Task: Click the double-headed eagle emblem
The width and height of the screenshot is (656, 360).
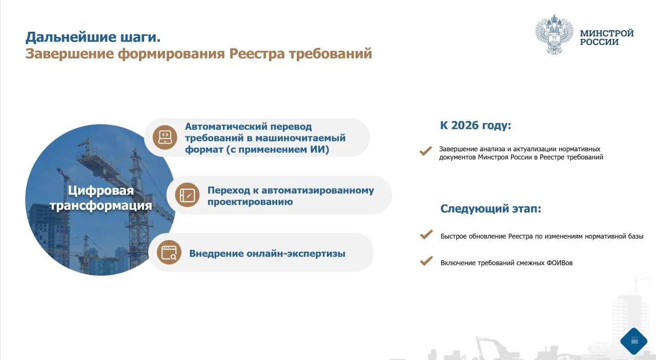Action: coord(555,34)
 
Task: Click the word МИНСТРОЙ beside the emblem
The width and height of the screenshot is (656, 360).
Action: coord(607,33)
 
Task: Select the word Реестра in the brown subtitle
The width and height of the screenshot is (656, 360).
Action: coord(257,54)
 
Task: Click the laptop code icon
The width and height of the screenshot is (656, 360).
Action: coord(165,137)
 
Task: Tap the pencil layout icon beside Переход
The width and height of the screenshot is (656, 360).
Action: coord(188,195)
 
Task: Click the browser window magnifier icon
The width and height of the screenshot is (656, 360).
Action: coord(169,252)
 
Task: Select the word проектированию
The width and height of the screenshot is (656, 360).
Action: coord(250,202)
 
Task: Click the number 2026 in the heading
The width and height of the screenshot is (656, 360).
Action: coord(465,125)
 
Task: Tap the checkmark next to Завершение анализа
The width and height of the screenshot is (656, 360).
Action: coord(425,151)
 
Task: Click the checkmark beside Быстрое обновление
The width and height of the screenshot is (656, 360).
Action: coord(426,234)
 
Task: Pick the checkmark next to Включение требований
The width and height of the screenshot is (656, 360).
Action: coord(426,261)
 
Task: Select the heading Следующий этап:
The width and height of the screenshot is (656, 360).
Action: coord(491,209)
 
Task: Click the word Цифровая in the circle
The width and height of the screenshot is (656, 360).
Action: coord(101,191)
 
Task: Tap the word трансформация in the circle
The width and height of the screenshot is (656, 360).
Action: coord(101,206)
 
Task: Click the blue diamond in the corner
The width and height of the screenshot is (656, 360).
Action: coord(634,341)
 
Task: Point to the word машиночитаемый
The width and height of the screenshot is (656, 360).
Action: coord(300,138)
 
